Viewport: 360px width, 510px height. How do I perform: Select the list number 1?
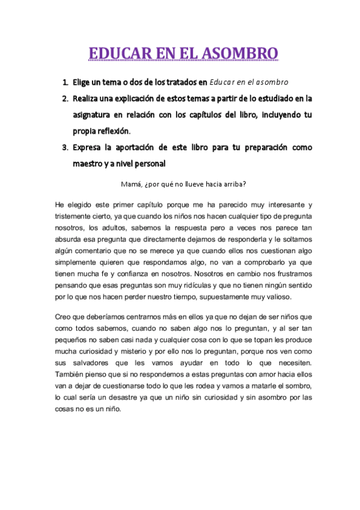pyautogui.click(x=64, y=82)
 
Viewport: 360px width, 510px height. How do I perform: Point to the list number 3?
pyautogui.click(x=64, y=147)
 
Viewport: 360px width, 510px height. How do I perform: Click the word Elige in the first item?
pyautogui.click(x=83, y=82)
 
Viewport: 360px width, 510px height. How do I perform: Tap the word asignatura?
pyautogui.click(x=95, y=114)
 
